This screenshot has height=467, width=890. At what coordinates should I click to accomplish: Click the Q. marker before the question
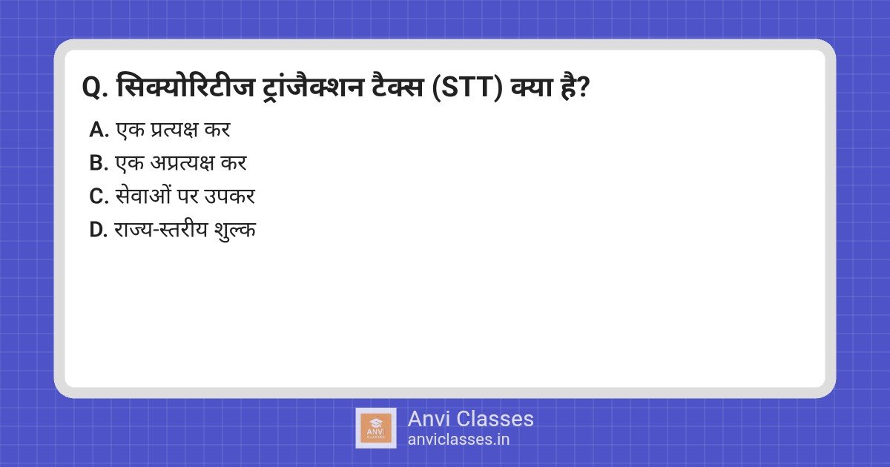(94, 87)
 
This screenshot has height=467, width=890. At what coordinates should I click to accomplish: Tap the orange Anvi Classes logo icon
(376, 428)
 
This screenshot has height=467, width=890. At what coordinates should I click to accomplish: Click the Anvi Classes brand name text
(470, 419)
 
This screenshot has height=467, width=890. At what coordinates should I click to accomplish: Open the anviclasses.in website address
(458, 439)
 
